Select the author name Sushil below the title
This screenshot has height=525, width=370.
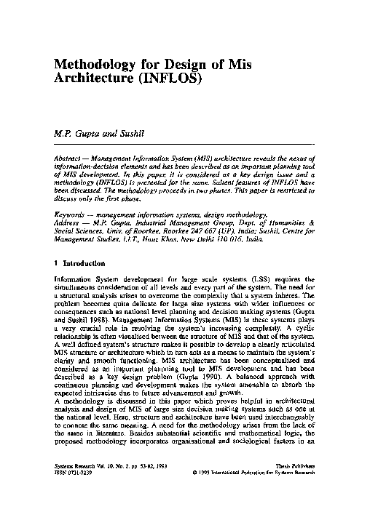pos(125,134)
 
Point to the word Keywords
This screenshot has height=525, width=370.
pos(74,215)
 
